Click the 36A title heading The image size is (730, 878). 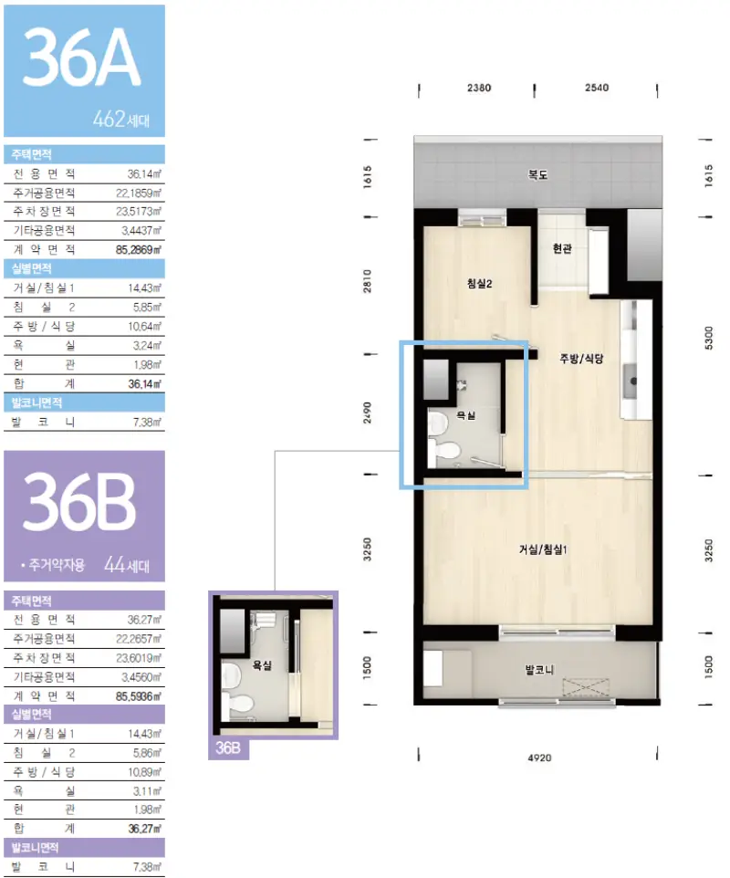click(81, 58)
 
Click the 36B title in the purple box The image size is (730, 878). click(79, 502)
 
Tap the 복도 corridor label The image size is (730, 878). click(537, 174)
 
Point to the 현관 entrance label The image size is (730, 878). click(562, 248)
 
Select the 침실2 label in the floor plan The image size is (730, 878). click(480, 283)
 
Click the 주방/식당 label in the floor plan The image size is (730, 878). click(581, 359)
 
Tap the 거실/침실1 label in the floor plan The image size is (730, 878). click(542, 549)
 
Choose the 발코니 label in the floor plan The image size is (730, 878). click(539, 669)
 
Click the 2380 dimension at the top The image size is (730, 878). click(479, 88)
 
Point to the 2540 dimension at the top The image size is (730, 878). click(597, 88)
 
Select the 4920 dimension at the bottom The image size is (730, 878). click(539, 758)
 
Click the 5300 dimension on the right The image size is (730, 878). click(709, 339)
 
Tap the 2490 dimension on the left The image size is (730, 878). click(367, 413)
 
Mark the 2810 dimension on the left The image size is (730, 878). click(367, 281)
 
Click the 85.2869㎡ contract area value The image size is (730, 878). click(139, 250)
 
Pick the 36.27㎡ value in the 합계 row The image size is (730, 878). click(144, 829)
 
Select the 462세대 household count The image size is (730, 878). click(121, 120)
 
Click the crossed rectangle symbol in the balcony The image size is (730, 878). click(586, 687)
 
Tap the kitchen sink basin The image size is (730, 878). click(631, 381)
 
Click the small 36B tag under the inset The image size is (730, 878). click(228, 748)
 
